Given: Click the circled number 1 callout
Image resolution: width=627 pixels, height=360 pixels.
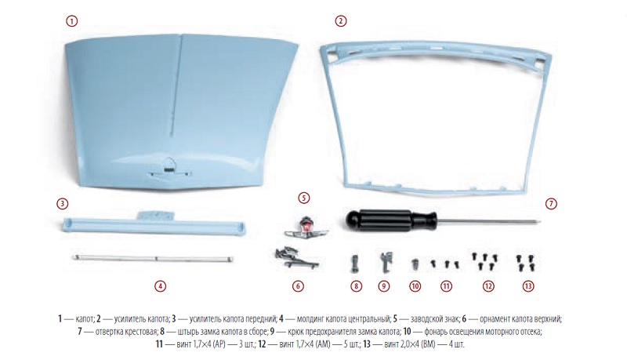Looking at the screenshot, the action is (x=71, y=21).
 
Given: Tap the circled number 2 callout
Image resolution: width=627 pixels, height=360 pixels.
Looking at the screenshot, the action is (x=341, y=21).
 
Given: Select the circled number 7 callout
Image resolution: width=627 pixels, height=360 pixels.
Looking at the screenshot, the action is (x=551, y=204).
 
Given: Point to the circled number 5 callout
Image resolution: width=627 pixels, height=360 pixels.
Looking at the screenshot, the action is (x=304, y=198).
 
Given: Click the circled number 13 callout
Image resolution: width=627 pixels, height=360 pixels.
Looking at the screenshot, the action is (x=528, y=286).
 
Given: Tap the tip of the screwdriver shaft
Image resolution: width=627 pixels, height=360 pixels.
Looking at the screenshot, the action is (x=540, y=220).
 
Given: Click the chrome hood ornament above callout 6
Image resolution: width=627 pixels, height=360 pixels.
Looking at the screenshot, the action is (x=297, y=257).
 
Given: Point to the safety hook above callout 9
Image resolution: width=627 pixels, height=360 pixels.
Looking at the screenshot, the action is (x=386, y=261).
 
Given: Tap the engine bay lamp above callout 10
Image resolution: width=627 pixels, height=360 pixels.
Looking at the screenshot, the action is (x=415, y=264).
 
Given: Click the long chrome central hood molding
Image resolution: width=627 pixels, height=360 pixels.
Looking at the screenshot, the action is (x=152, y=258).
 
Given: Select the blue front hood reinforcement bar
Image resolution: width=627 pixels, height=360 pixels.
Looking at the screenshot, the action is (x=154, y=224).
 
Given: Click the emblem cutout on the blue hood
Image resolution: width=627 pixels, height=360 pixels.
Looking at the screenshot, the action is (x=169, y=164).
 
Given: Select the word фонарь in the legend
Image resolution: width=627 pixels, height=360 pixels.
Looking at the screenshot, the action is (x=436, y=332).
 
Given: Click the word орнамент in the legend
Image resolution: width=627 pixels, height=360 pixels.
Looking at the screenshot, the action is (x=495, y=319).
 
